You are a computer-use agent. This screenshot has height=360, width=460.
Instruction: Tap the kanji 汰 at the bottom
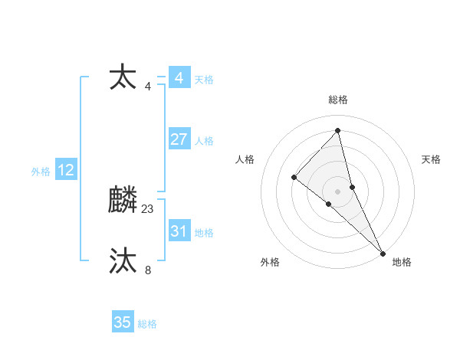(x=123, y=260)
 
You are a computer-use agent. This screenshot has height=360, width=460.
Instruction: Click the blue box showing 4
(x=179, y=78)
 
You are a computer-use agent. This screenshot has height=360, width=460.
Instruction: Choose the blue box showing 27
(x=179, y=139)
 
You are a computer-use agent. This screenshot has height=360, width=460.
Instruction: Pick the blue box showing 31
(x=179, y=231)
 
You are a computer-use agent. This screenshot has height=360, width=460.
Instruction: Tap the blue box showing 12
(x=65, y=170)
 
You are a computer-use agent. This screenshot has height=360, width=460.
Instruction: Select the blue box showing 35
(x=123, y=322)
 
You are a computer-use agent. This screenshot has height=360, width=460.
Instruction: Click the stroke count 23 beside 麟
(x=148, y=209)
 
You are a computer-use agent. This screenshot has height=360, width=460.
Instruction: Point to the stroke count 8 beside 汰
(x=148, y=270)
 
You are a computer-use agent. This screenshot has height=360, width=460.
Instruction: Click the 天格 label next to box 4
(x=204, y=80)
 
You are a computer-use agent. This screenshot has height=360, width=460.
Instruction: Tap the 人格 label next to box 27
(x=204, y=141)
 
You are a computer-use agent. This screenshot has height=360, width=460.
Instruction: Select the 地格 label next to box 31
(x=204, y=233)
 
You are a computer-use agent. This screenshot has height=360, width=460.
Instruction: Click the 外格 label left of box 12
(x=41, y=172)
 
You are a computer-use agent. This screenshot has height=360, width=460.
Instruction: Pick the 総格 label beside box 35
(x=147, y=324)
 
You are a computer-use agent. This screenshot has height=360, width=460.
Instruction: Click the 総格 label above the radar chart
(x=338, y=100)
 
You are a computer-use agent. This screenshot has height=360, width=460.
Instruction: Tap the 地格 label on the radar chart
(x=402, y=262)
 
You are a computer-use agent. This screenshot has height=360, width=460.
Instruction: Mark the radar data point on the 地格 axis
(x=383, y=252)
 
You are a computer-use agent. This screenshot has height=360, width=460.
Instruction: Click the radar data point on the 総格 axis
(x=338, y=130)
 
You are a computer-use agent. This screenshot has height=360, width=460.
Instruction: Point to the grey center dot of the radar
(x=338, y=191)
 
